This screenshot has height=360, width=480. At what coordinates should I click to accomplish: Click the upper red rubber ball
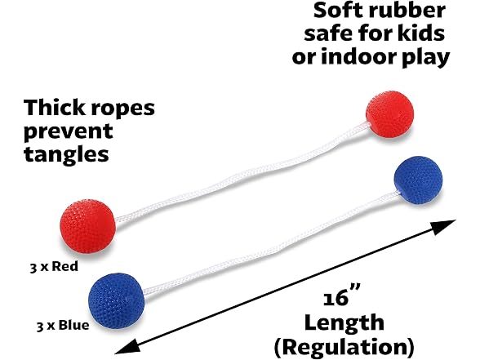coord(389,114)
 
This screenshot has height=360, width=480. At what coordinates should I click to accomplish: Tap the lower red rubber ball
coord(88,226)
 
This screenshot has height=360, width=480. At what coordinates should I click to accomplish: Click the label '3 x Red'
coord(54,266)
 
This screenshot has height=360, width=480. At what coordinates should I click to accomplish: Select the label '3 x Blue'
coord(63,325)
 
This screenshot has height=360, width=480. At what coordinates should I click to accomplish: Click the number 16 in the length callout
coord(336,298)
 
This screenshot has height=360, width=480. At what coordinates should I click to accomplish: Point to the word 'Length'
coord(344,323)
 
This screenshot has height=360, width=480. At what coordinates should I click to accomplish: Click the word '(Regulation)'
coord(344,347)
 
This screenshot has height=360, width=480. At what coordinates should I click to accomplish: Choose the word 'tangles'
coord(66,154)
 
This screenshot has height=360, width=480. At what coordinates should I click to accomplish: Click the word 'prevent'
coord(69,131)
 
